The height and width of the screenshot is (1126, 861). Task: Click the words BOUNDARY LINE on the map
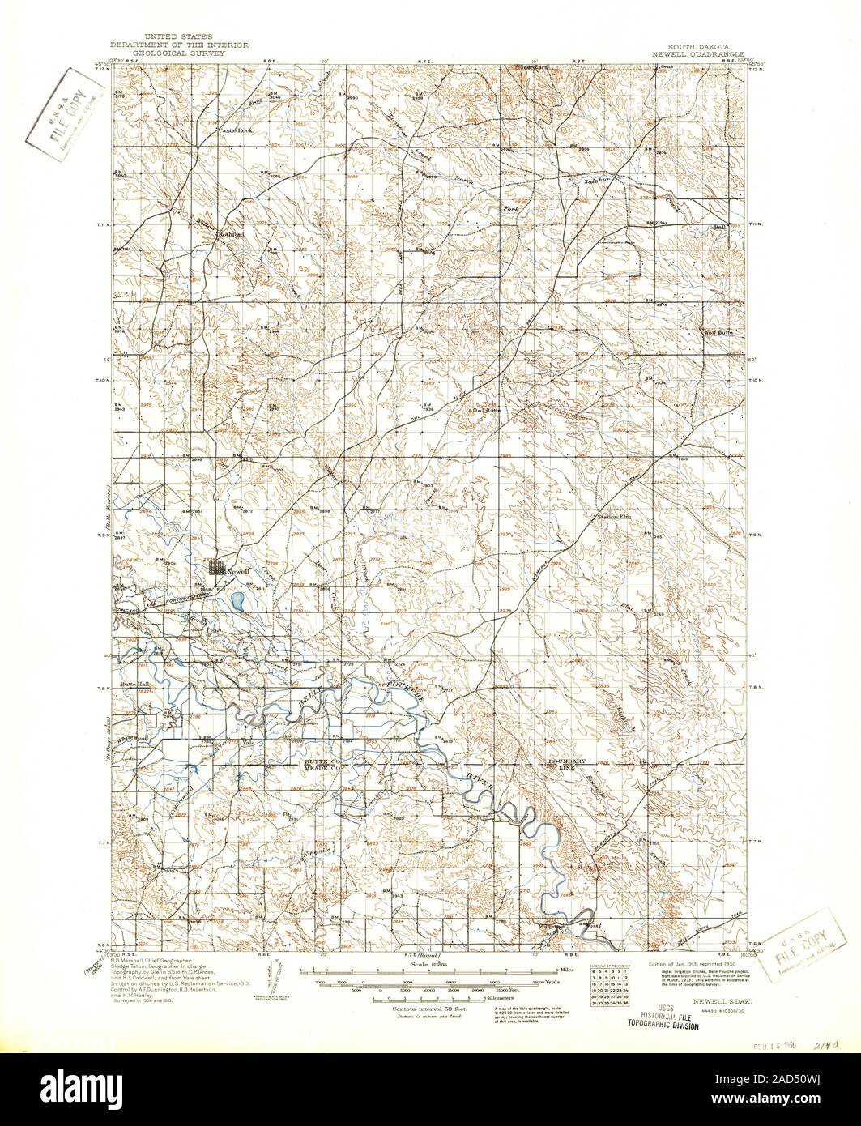(561, 764)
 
